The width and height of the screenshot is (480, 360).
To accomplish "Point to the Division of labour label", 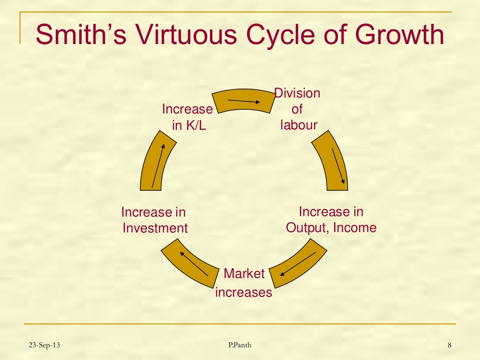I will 298,109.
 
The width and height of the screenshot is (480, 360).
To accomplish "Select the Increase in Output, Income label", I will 331,220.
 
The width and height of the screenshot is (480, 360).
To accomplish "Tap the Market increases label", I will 243,283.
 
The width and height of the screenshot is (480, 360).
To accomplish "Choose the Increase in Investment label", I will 154,220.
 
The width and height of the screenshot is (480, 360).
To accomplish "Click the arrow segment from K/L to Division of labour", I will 243,101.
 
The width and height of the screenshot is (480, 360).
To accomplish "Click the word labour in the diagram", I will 299,125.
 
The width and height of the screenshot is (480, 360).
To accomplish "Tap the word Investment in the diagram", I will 155,228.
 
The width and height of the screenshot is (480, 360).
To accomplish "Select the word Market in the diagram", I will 244,274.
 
